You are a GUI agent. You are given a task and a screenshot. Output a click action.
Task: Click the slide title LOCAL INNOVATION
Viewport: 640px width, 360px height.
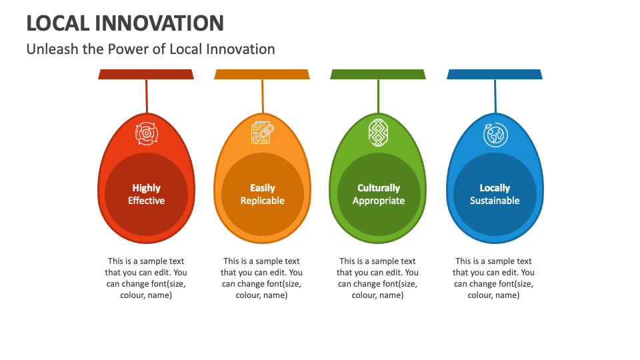(125, 23)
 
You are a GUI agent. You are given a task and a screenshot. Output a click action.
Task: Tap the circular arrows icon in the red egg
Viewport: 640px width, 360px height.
(146, 133)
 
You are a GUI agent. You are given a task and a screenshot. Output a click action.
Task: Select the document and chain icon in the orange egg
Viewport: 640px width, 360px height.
(262, 133)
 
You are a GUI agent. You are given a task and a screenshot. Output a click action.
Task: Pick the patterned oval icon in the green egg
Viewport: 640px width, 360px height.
(378, 133)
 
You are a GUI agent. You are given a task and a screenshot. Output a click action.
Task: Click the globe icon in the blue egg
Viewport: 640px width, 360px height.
(495, 134)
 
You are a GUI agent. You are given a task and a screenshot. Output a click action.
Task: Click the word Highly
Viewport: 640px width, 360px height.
(146, 188)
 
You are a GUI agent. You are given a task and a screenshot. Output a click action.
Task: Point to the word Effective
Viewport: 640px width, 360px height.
(146, 201)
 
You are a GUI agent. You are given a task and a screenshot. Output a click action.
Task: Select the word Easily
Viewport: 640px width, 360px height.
(262, 188)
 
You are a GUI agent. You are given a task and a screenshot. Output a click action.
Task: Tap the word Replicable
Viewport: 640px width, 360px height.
(262, 201)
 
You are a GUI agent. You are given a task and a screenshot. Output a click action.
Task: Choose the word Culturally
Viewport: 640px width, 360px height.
(378, 188)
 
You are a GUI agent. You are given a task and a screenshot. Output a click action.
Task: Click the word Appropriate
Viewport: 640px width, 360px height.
(378, 201)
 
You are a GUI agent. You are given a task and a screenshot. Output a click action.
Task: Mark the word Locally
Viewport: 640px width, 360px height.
(495, 188)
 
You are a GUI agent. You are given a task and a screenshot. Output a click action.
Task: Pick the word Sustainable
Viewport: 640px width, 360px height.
(495, 201)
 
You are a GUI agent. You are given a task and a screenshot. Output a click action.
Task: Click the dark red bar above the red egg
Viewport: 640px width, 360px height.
(146, 74)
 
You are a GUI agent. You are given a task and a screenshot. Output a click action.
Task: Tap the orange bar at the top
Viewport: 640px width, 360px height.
(262, 74)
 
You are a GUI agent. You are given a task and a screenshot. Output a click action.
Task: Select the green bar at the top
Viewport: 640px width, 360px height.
(378, 74)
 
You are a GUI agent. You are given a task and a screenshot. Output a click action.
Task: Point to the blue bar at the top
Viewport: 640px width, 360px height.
(495, 74)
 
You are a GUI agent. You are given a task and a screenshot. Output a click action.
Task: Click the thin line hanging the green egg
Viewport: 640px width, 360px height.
(378, 97)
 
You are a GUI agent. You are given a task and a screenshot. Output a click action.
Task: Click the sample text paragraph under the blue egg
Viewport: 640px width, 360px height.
(494, 278)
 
